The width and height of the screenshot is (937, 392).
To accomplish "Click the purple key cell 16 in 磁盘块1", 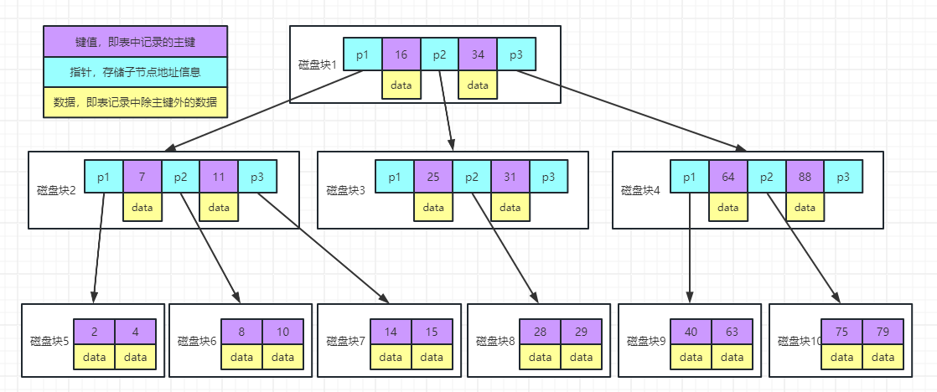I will click(401, 55).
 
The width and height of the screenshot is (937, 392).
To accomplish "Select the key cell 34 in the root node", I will click(478, 55).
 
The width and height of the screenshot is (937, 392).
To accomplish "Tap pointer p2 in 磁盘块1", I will click(439, 55).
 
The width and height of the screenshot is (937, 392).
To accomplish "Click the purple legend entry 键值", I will click(135, 41).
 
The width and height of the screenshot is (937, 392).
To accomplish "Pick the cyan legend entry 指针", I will click(135, 72).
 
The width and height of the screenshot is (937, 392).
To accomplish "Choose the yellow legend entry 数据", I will click(135, 102).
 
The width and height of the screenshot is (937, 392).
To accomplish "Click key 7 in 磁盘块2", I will click(142, 178).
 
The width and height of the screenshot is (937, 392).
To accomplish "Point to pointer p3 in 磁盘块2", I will click(257, 178).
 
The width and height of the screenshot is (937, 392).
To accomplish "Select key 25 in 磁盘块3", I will click(433, 178).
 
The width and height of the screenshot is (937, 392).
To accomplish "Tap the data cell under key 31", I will click(510, 207).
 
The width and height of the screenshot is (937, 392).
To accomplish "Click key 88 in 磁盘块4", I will click(805, 178).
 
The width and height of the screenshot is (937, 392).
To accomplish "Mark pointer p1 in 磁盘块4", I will click(690, 178).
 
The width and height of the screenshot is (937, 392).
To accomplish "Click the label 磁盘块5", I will click(46, 341).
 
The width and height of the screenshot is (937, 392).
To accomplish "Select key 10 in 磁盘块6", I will click(282, 331).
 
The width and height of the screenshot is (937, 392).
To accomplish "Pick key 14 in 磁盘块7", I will click(391, 331).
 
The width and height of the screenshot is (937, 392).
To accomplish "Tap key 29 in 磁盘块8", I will click(581, 331).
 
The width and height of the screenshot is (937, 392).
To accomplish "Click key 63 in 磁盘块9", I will click(731, 331).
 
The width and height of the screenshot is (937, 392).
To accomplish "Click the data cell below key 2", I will click(94, 357).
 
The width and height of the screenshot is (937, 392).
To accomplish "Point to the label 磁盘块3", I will click(344, 190).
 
